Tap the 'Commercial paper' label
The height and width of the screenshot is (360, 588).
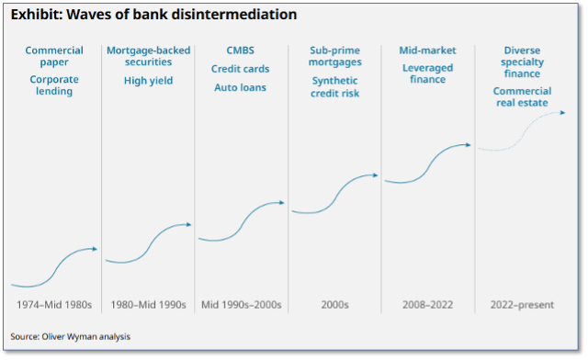[54, 56]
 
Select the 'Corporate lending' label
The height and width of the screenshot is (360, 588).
[54, 85]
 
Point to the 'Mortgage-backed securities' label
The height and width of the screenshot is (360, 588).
[149, 56]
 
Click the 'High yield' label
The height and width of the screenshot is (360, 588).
[149, 81]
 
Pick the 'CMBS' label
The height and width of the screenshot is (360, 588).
[241, 51]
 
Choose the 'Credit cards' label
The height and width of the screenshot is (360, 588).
[241, 69]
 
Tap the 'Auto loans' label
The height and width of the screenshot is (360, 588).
[241, 87]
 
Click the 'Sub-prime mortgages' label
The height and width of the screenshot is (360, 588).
[334, 56]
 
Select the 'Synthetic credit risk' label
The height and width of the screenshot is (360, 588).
[334, 86]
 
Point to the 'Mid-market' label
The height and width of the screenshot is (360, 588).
[427, 51]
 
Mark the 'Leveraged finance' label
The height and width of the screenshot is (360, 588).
[428, 73]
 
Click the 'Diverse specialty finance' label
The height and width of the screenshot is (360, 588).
[523, 62]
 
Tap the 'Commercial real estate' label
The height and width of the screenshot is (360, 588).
[523, 96]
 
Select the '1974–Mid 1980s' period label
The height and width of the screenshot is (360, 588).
[54, 305]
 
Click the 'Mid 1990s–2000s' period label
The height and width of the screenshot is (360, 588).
[241, 305]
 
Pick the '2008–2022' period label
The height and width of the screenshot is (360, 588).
[428, 305]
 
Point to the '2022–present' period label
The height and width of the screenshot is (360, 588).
[523, 305]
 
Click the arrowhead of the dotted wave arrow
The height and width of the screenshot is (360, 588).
[562, 112]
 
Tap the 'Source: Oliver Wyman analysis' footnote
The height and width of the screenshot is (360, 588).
[71, 336]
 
